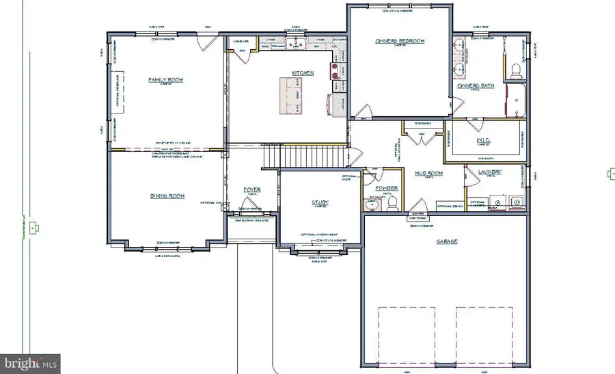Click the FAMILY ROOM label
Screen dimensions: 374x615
[165, 80]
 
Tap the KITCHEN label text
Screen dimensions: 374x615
[303, 72]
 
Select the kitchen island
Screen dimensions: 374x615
[290, 95]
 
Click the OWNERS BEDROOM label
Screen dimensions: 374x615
[400, 41]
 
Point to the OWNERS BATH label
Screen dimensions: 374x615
[476, 85]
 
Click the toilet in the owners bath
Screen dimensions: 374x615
[517, 69]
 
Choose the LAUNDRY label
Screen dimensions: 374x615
[490, 172]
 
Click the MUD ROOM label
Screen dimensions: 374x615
[429, 174]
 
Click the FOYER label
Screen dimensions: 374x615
[252, 189]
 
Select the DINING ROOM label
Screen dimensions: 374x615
[167, 196]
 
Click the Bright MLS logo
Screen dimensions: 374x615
[30, 362]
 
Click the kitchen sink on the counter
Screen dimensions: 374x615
[297, 44]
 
